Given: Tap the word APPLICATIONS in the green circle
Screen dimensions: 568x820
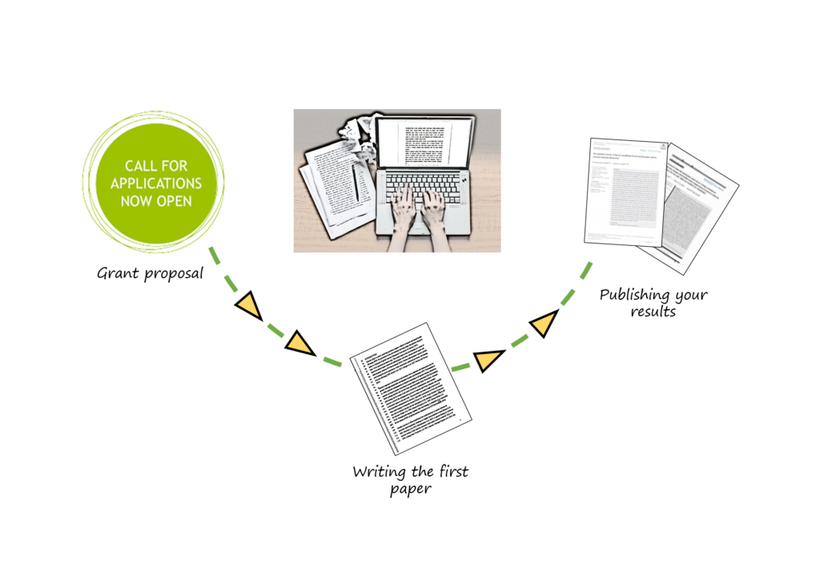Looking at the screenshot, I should (x=156, y=183).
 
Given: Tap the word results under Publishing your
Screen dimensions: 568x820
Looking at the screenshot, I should (x=653, y=312).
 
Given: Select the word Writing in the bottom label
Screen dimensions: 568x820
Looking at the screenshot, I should (x=379, y=472).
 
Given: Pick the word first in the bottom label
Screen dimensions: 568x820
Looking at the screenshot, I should (x=451, y=471).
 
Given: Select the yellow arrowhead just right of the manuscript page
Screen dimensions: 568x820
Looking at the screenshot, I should (x=488, y=361).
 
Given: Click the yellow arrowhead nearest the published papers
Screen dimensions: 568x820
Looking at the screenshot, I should (x=544, y=324).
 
